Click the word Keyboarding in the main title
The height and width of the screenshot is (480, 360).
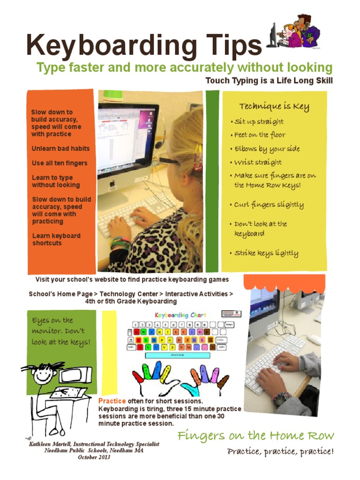pos(112,45)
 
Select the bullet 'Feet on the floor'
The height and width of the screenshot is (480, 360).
pos(260,135)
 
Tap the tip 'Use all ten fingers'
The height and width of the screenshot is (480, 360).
pos(60,163)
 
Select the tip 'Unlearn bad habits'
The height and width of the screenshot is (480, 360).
pos(60,149)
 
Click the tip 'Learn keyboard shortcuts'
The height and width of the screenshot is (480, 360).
pos(56,240)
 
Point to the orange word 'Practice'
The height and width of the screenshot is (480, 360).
pos(112,401)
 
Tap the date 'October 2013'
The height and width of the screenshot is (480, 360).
pos(94,457)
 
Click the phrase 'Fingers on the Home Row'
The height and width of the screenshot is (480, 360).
pos(255,436)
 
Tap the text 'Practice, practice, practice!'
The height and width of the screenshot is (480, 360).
pos(280,452)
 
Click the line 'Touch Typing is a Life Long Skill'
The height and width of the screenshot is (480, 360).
pos(269,81)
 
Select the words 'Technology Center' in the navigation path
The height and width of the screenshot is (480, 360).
pos(128,294)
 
